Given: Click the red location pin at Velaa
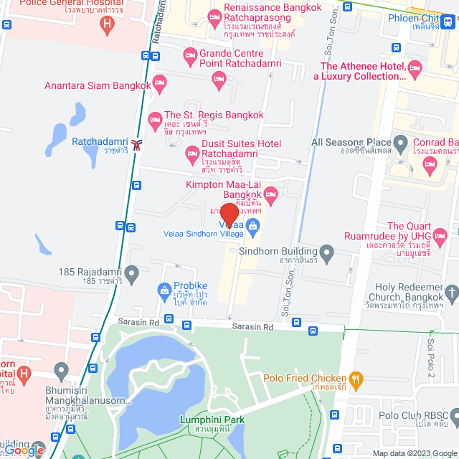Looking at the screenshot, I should click(229, 214).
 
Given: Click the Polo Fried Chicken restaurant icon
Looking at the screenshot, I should click(355, 379).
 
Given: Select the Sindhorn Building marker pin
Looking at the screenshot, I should click(327, 252).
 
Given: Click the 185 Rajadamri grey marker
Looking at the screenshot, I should click(131, 273).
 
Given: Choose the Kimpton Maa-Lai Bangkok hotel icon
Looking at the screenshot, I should click(271, 194).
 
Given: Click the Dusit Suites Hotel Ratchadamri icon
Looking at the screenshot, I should click(192, 152).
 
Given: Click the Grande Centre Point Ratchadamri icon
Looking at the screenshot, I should click(190, 55).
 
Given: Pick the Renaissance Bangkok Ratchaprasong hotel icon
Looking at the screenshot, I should click(214, 18).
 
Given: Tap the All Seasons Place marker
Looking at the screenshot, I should click(402, 143).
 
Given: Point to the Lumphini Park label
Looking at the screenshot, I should click(212, 420).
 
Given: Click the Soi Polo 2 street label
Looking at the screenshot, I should click(432, 359).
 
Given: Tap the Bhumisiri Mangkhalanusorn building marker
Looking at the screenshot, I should click(61, 372).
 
